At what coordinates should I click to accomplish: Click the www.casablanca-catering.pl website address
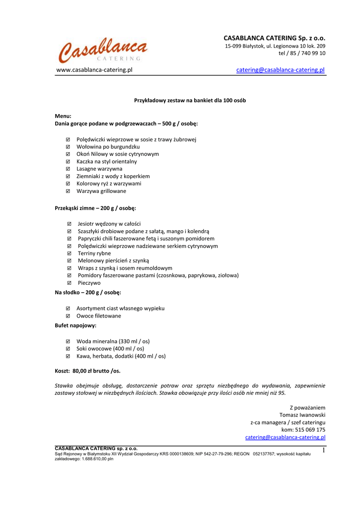tap(94, 70)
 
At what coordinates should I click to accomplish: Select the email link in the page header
tap(280, 70)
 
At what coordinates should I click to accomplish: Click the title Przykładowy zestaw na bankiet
tap(190, 100)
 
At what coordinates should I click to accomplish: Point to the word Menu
tap(63, 116)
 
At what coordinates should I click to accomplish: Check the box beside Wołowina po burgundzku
tap(68, 147)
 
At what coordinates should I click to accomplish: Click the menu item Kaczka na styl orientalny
tap(106, 161)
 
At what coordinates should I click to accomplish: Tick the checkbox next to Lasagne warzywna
tap(68, 169)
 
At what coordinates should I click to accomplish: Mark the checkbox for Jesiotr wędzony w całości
tap(69, 224)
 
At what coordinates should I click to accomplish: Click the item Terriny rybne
tap(94, 253)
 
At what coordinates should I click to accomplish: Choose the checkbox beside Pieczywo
tap(69, 283)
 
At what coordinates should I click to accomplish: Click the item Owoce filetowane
tap(98, 316)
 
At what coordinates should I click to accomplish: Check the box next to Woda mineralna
tap(68, 341)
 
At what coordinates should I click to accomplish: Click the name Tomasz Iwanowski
tap(302, 415)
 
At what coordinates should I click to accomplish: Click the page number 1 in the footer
tap(323, 450)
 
